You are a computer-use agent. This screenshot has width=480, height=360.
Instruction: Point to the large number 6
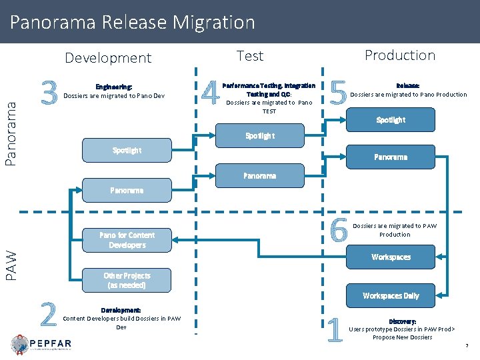[x=339, y=231]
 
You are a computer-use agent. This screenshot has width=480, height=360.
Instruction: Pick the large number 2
[x=48, y=314]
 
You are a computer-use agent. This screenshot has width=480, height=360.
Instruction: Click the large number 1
[x=337, y=329]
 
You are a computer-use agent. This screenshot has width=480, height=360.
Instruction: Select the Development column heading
[x=108, y=58]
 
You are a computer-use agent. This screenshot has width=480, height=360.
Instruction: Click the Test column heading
[x=250, y=56]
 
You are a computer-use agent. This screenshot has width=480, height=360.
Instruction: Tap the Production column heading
[x=399, y=55]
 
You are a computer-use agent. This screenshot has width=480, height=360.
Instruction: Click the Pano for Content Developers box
[x=127, y=240]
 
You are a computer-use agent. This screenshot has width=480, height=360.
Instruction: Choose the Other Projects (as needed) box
[x=127, y=280]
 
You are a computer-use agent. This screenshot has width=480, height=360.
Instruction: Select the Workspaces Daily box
[x=391, y=295]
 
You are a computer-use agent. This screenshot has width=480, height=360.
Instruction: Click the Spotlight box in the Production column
[x=391, y=120]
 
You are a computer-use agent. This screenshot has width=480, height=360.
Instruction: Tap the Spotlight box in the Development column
[x=127, y=151]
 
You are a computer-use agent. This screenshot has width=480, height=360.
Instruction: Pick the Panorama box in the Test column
[x=259, y=176]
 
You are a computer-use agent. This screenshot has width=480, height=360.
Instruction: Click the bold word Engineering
[x=113, y=87]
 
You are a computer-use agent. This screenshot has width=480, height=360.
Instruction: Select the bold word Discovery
[x=402, y=321]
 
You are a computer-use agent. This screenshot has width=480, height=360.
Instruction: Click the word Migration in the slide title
[x=213, y=23]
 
